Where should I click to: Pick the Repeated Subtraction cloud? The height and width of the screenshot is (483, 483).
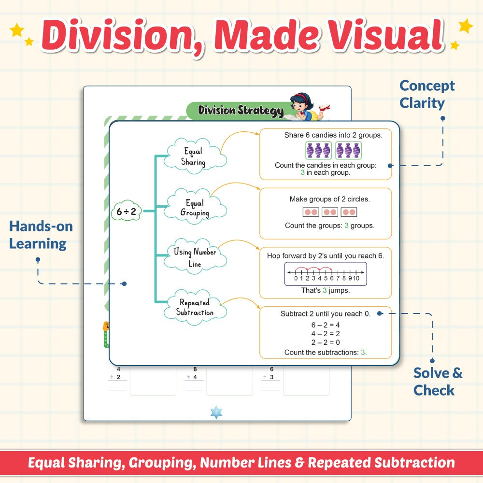195,307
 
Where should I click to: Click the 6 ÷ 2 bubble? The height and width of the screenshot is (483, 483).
126,212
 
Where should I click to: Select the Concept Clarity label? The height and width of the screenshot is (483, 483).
426,94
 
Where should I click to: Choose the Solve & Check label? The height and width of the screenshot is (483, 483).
438,382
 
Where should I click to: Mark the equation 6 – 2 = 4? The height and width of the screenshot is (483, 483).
325,325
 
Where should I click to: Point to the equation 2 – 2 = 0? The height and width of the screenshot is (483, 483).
325,342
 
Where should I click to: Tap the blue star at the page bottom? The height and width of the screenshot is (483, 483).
216,412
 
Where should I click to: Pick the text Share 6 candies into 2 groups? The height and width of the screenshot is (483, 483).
333,135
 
